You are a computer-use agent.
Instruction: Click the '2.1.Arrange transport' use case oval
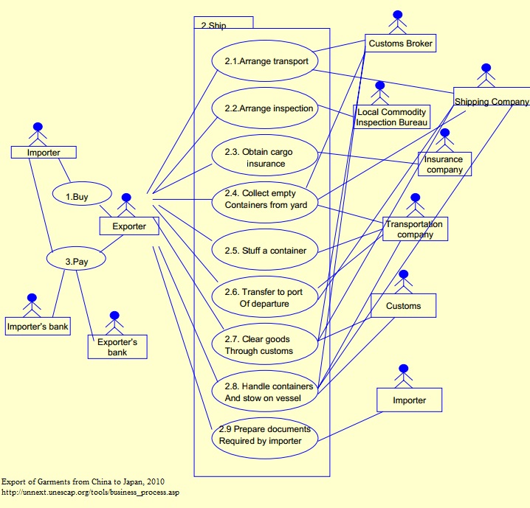[x=266, y=61]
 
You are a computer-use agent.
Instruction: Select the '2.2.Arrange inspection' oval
[x=266, y=108]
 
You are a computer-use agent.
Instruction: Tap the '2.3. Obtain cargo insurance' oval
[x=266, y=157]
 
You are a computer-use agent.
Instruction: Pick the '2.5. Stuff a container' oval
[x=266, y=251]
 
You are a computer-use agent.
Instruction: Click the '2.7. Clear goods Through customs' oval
[x=266, y=345]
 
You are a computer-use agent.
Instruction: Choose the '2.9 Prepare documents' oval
[x=266, y=435]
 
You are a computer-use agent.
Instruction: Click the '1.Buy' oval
[x=82, y=197]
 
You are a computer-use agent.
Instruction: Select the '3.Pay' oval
[x=77, y=260]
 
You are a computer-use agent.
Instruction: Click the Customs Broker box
[x=399, y=44]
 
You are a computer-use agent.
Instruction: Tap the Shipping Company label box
[x=491, y=102]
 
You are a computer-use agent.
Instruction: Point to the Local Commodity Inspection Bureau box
[x=391, y=117]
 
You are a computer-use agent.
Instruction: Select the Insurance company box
[x=444, y=164]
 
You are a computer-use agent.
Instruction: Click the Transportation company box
[x=415, y=229]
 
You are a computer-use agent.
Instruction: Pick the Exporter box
[x=128, y=226]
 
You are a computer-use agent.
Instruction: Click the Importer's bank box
[x=38, y=325]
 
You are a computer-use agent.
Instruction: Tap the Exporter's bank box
[x=117, y=347]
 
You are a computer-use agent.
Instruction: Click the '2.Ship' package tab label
[x=213, y=25]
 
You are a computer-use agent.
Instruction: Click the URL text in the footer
[x=90, y=492]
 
